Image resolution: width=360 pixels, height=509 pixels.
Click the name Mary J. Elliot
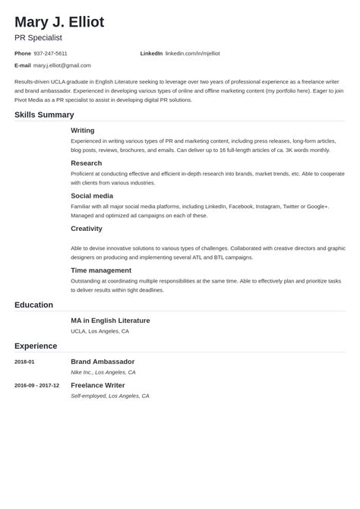click(59, 21)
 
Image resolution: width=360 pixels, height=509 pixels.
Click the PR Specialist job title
click(38, 37)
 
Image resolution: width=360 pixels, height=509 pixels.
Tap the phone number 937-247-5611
click(50, 53)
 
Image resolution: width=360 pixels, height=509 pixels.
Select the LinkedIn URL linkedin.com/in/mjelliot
click(192, 53)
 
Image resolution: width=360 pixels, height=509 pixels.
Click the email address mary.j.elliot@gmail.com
click(62, 65)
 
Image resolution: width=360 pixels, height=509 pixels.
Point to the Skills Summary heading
click(44, 115)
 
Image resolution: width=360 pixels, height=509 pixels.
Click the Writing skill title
click(83, 130)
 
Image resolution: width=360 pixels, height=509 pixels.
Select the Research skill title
click(86, 163)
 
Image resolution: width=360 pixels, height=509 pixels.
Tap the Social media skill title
click(91, 195)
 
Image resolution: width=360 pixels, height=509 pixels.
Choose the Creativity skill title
click(87, 228)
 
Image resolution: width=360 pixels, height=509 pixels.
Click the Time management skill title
click(101, 270)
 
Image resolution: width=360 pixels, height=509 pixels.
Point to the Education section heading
click(33, 305)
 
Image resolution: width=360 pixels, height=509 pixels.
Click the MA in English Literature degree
click(110, 321)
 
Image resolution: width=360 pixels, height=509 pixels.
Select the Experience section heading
click(36, 346)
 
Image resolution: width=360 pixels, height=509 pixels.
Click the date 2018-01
click(24, 362)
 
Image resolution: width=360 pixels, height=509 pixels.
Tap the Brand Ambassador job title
click(103, 362)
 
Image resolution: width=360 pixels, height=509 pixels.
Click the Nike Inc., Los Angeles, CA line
click(103, 372)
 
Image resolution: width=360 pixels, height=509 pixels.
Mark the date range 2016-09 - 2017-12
click(36, 385)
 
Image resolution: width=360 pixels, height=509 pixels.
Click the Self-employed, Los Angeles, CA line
click(109, 396)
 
